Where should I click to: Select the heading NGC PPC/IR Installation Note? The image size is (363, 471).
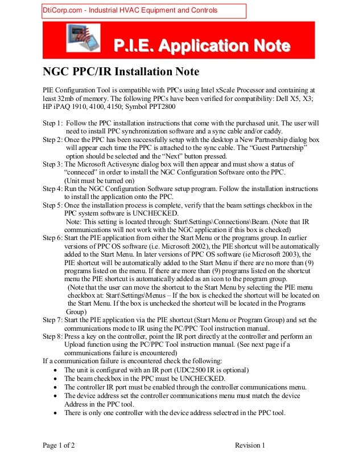tap(121, 72)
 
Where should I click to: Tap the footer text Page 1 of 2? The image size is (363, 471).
tap(59, 445)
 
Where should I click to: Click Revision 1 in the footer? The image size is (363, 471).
tap(250, 445)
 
